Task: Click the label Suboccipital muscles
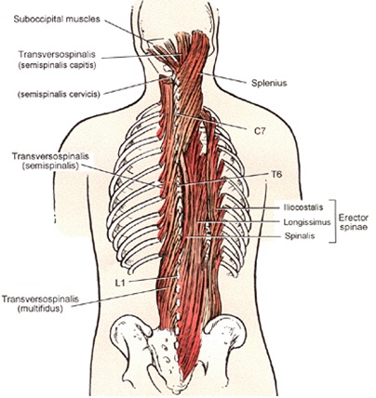[57, 20]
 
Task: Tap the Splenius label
[269, 83]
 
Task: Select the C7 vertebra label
[260, 131]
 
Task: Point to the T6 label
[277, 175]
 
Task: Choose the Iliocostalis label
[303, 206]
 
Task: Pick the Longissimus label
[307, 222]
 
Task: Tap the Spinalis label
[300, 236]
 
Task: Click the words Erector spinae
[354, 222]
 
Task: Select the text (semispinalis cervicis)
[59, 94]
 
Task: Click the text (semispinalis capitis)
[57, 66]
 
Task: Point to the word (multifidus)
[40, 309]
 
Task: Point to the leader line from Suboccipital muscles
[131, 31]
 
